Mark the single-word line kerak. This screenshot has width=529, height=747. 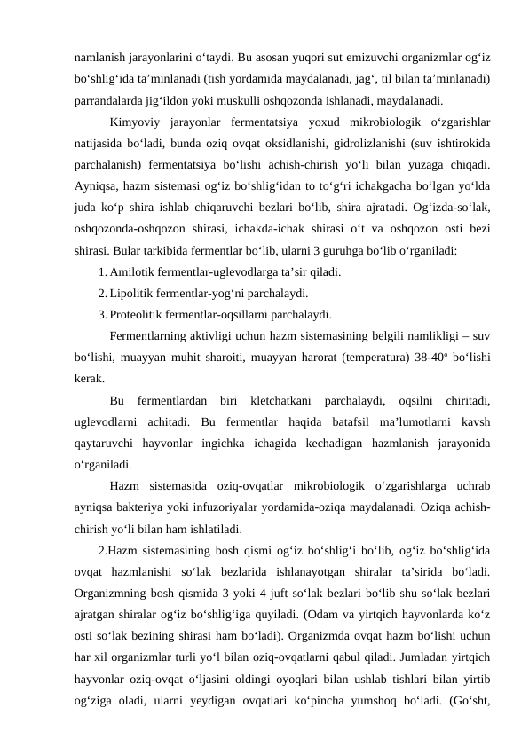coord(89,377)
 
